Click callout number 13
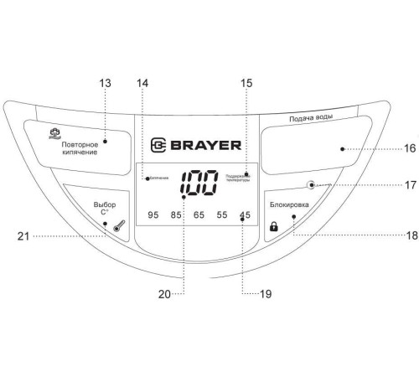[x=105, y=84]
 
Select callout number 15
[x=246, y=84]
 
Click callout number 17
[x=411, y=185]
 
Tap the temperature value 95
[x=153, y=215]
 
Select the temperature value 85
[x=176, y=215]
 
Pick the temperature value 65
[x=199, y=215]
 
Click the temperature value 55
[x=221, y=215]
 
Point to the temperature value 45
[x=245, y=215]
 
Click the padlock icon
[x=272, y=226]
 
